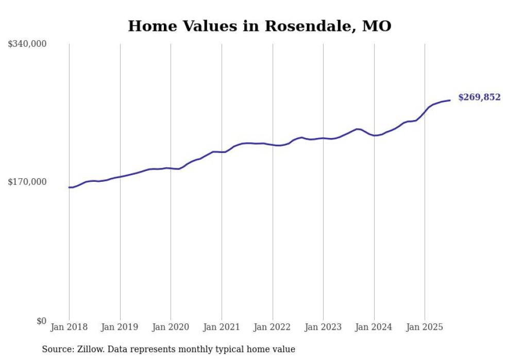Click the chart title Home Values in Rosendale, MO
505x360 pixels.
coord(259,26)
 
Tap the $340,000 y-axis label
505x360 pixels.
coord(27,44)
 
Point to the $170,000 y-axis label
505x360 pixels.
coord(27,182)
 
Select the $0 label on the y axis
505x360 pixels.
coord(41,321)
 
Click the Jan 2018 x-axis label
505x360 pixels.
coord(69,327)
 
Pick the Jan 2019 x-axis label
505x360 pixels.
coord(120,327)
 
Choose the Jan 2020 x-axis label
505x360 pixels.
coord(171,327)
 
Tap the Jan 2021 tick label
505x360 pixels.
coord(222,327)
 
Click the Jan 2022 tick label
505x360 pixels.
coord(272,327)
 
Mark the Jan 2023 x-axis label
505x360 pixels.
coord(323,327)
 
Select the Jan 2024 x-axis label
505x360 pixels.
coord(374,327)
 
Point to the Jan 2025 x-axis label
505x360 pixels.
coord(425,327)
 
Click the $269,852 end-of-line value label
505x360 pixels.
coord(479,97)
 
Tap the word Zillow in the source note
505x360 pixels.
coord(88,349)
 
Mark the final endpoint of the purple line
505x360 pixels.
coord(450,100)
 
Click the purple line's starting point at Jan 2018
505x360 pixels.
coord(69,187)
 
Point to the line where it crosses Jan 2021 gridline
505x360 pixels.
coord(222,152)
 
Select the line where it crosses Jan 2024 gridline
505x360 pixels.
coord(374,135)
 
